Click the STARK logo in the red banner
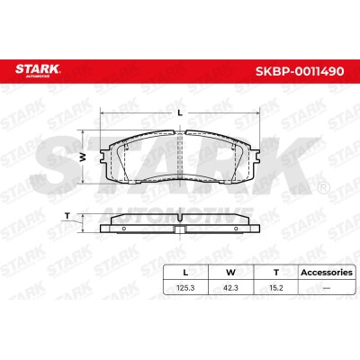[38, 70]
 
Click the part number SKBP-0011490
[300, 71]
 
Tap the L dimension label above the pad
[180, 113]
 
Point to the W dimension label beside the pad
[83, 157]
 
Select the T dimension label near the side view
[67, 216]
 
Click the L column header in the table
[185, 273]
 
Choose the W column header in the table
[230, 273]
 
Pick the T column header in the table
[276, 273]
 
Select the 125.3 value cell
[185, 288]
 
